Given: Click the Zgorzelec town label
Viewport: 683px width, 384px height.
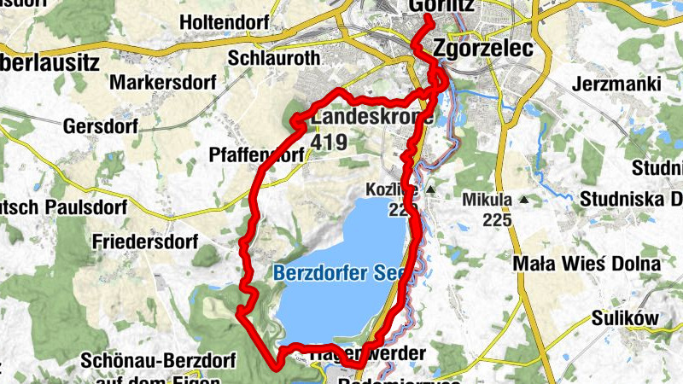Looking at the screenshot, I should point(483,49).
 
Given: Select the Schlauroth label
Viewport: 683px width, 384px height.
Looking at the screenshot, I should point(274,58).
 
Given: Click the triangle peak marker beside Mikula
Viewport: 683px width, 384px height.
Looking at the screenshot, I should point(523,201).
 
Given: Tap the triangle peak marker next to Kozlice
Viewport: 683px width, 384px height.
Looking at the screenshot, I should point(430,189).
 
